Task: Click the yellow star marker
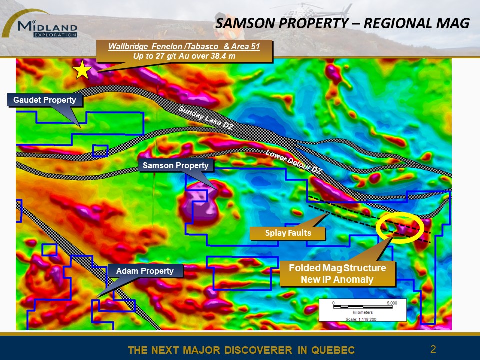[x=83, y=70]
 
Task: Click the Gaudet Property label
[x=44, y=100]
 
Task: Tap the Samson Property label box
[x=176, y=165]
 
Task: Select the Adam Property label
[x=145, y=271]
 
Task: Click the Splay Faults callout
[x=288, y=233]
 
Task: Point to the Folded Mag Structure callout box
[x=337, y=274]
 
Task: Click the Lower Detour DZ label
[x=293, y=162]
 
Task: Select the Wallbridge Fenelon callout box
[x=184, y=51]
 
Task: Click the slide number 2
[x=433, y=349]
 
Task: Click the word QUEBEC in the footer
[x=332, y=350]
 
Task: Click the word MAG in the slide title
[x=454, y=23]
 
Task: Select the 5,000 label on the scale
[x=392, y=303]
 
